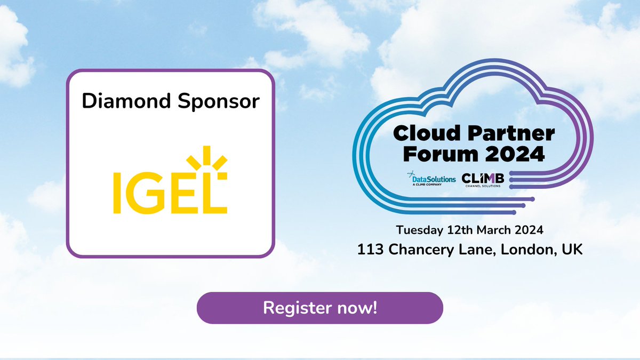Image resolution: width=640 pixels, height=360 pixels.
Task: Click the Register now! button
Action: [320, 308]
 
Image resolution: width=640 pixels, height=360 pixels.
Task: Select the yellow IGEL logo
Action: [170, 181]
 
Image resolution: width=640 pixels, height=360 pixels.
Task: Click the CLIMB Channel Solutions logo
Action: [483, 179]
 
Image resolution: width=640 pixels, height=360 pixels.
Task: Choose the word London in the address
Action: [525, 250]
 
